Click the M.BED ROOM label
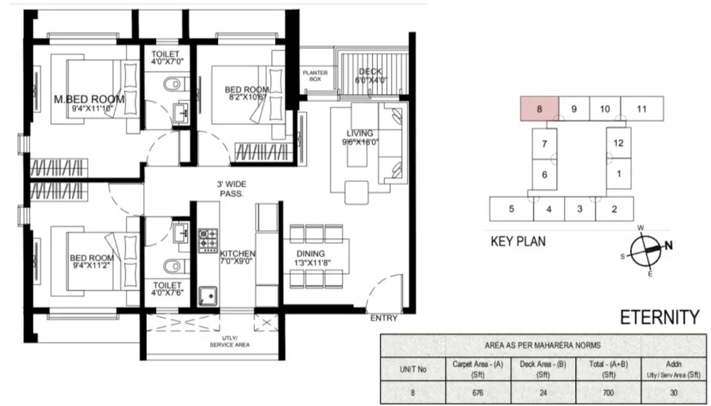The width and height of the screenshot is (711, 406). point(89,99)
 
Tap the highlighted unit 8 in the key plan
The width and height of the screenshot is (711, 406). point(539,109)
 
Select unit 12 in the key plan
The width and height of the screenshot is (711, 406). point(619,143)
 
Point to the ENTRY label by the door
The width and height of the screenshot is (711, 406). point(384,318)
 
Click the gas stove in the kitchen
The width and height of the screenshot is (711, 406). point(208,241)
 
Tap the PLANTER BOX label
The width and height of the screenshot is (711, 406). point(315,75)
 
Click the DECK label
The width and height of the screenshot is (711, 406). point(370,72)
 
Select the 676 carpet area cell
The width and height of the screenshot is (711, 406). point(478,393)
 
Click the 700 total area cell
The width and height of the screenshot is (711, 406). point(608,393)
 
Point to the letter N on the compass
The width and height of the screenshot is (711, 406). point(668,246)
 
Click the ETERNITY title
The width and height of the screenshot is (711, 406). point(659,317)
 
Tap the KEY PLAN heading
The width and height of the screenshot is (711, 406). point(518,241)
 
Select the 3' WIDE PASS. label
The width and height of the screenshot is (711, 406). point(232,189)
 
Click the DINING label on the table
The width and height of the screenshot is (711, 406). point(311,254)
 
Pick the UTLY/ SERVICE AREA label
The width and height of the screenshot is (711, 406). point(230,341)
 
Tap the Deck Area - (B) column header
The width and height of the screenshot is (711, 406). point(543,369)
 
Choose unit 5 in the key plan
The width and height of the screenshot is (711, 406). point(511,209)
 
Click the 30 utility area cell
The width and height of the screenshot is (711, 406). point(674,393)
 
